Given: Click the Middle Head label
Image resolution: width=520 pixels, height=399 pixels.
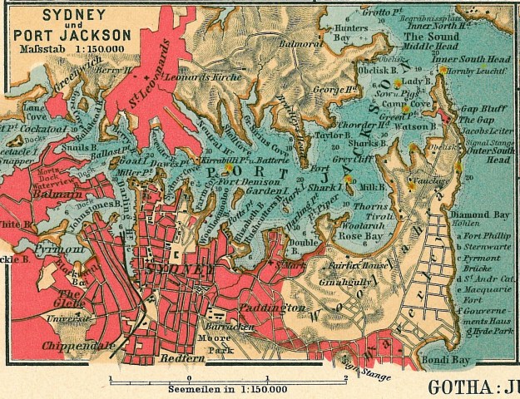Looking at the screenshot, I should pos(431,48).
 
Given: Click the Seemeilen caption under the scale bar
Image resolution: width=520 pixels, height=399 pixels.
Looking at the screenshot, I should pos(228,388).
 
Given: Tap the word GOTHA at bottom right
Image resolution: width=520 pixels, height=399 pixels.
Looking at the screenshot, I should pos(461,387).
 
